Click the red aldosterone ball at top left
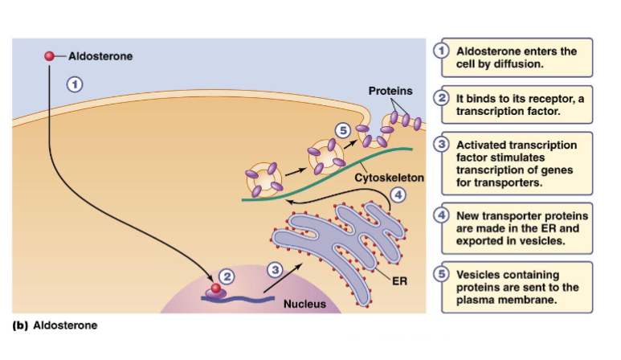(50, 56)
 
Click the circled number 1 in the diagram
(74, 83)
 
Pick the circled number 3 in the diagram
(275, 271)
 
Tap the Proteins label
(390, 91)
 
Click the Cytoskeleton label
(389, 176)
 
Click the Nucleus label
(305, 305)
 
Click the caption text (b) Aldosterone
(53, 325)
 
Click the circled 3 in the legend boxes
(441, 145)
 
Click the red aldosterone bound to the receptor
(214, 287)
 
